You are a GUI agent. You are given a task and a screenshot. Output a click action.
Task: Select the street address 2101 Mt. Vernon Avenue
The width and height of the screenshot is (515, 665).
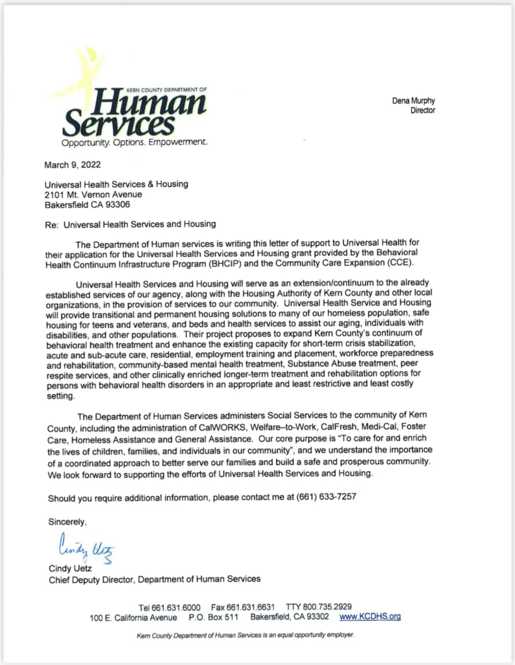click(x=93, y=194)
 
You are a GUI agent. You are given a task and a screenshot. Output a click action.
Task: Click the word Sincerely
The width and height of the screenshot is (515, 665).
click(x=67, y=521)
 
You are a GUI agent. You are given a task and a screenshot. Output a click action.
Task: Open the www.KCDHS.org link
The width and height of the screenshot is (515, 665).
click(x=370, y=616)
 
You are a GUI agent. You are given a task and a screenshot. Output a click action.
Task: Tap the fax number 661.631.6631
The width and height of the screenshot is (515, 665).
click(x=253, y=606)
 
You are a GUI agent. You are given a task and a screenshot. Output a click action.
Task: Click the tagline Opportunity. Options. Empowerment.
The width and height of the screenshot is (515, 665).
click(x=135, y=142)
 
